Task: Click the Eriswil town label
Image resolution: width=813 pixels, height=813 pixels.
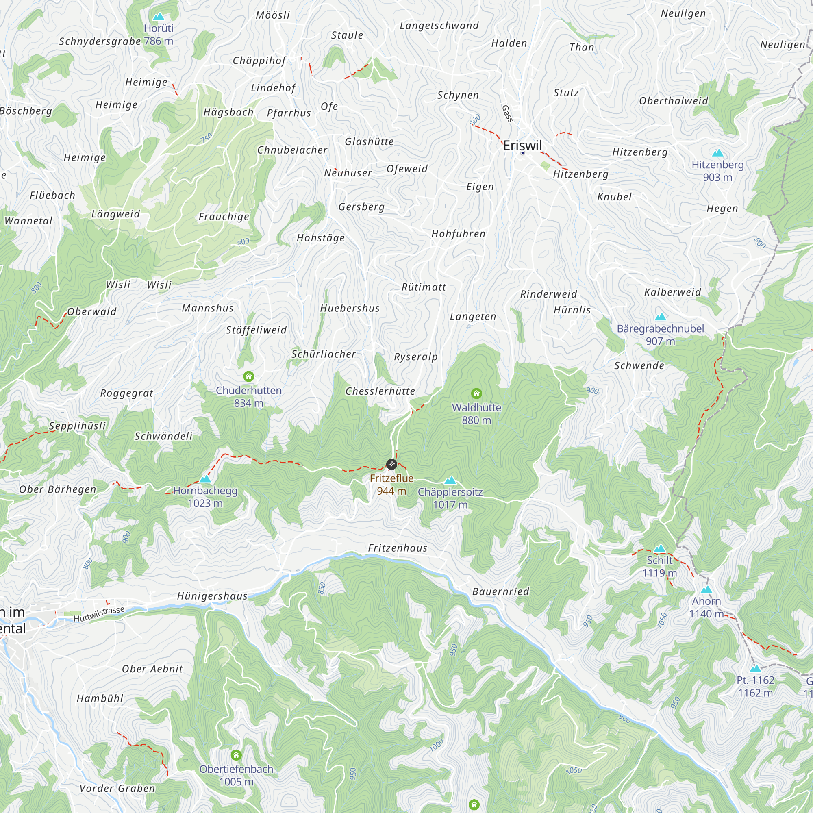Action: pos(522,146)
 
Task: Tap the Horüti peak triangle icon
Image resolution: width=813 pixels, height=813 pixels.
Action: pos(158,16)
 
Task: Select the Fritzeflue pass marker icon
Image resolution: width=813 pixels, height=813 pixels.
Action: pos(391,464)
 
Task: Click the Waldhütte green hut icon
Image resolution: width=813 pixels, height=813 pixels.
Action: pos(476,393)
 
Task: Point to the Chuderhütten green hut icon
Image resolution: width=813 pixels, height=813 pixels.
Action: pos(249,376)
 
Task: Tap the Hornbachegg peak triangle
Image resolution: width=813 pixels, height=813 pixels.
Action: pos(205,479)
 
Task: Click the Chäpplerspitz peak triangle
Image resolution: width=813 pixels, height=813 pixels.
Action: pos(450,480)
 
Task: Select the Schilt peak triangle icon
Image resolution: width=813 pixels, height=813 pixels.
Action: pos(659,548)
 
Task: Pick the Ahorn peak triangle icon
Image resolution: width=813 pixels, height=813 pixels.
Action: pos(706,589)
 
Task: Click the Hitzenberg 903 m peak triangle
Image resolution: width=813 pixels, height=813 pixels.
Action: pos(717,153)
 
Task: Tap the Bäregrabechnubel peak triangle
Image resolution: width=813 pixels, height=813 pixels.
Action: pos(660,317)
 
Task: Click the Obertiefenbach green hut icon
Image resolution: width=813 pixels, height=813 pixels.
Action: pos(237,755)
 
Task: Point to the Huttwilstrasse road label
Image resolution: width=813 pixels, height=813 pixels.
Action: pos(99,614)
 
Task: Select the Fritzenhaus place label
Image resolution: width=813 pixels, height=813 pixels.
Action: pos(398,548)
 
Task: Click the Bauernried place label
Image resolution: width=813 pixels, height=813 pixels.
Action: pos(501,591)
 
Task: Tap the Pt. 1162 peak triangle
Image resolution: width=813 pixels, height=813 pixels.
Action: pos(755,668)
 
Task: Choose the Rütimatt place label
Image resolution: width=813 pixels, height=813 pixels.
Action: pos(424,287)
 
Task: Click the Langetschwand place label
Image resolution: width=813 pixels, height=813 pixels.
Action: pos(439,26)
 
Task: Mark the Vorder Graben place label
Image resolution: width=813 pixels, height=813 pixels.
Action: pos(117,788)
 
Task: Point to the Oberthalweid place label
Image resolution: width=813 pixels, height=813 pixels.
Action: pos(674,100)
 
